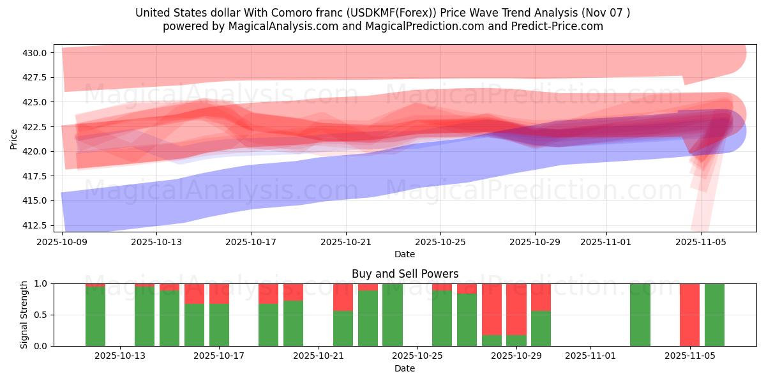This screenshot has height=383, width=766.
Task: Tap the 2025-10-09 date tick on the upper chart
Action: pos(62,243)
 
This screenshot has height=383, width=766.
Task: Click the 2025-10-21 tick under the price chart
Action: pos(346,243)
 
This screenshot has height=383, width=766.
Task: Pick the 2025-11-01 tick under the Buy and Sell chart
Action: pos(590,356)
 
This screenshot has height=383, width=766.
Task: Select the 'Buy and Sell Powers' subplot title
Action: pos(405,274)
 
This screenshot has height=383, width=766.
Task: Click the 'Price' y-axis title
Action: pos(14,139)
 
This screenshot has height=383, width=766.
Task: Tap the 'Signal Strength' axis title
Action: pos(24,315)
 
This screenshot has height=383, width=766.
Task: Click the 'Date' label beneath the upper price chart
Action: pos(405,254)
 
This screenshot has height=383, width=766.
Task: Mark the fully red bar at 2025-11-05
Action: pos(689,315)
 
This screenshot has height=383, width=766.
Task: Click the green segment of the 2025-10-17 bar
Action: pos(219,325)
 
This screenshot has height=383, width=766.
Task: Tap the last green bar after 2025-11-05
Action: pos(714,315)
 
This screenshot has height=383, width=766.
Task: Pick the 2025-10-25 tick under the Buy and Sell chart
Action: pos(417,356)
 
